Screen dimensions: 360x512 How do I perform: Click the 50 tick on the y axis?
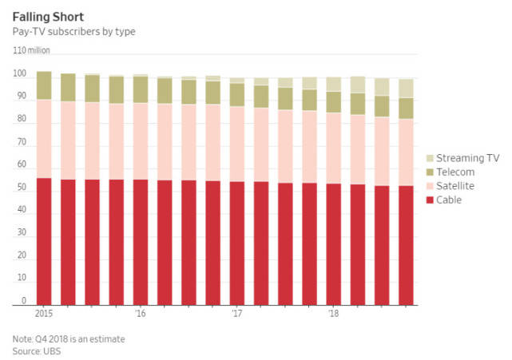(18, 188)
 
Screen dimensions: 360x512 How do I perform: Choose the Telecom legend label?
(456, 172)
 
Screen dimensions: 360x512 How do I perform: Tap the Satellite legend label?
(457, 185)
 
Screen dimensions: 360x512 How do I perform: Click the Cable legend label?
(450, 200)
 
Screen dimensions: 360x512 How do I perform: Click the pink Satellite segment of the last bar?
(406, 152)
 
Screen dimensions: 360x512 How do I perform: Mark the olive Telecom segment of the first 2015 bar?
(44, 85)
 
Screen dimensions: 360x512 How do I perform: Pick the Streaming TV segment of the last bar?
(406, 88)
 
